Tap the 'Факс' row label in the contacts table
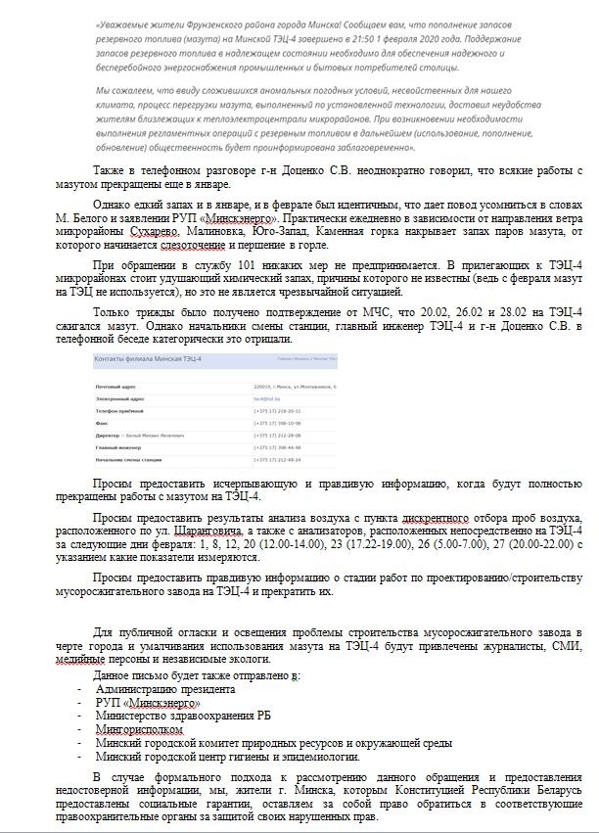click(103, 424)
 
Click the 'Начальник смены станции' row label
click(128, 459)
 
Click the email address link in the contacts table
click(264, 399)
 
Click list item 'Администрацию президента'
click(165, 689)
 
